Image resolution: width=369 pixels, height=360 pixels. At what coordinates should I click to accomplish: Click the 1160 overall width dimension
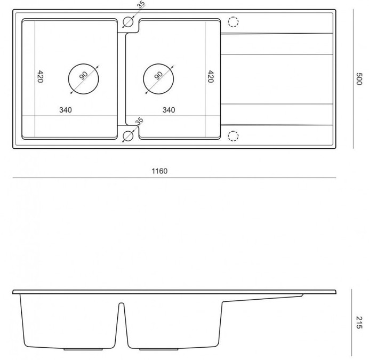(x=160, y=171)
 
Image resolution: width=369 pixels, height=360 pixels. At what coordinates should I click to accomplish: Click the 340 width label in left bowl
(x=66, y=110)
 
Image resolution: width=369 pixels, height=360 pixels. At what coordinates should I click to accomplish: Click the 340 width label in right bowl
(x=169, y=110)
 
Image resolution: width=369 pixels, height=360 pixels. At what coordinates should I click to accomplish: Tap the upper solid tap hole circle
(x=128, y=22)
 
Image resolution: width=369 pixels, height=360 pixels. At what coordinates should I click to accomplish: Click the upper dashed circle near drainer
(x=233, y=22)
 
